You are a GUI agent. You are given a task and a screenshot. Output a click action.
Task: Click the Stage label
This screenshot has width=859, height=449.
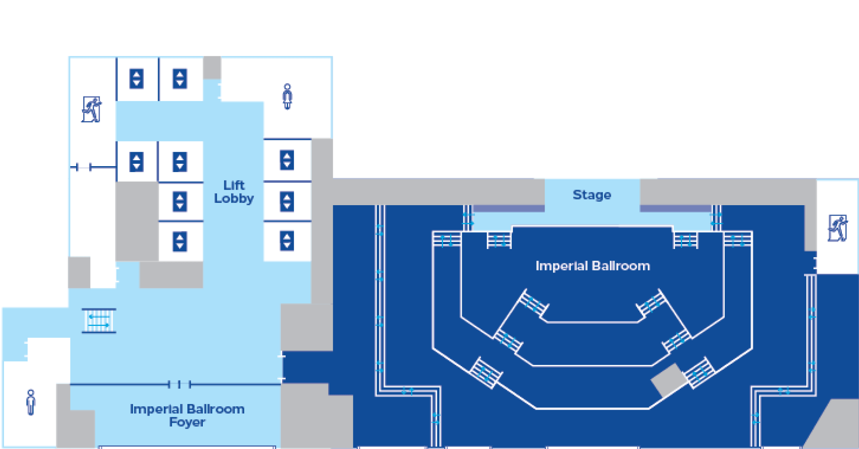[592, 195]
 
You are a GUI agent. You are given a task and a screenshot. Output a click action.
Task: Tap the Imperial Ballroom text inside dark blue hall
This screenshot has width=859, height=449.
[592, 266]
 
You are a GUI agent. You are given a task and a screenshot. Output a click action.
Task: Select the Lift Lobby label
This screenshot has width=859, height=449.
[234, 192]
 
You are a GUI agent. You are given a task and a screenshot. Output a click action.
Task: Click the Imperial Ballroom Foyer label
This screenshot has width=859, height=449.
[187, 415]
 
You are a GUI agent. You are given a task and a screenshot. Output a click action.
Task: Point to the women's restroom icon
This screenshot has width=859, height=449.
[287, 96]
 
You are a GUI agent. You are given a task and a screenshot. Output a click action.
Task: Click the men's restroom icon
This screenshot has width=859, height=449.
[31, 402]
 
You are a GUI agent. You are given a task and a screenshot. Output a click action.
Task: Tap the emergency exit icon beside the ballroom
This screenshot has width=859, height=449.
[837, 228]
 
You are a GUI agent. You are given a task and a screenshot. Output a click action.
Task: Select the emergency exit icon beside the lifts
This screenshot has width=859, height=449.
[92, 109]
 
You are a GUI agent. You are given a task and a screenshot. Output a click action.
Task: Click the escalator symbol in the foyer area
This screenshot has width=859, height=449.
[99, 321]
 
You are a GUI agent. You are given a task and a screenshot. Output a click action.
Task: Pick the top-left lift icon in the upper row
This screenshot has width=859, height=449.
[136, 78]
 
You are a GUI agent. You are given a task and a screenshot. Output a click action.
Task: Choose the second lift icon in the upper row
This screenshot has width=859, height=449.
[180, 78]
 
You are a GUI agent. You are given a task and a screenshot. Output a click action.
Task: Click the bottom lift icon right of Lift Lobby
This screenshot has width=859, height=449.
[287, 241]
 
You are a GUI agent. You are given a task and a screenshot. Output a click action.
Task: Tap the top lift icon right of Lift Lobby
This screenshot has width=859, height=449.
[287, 160]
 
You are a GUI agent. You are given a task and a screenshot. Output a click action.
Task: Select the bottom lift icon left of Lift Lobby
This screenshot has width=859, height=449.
[180, 241]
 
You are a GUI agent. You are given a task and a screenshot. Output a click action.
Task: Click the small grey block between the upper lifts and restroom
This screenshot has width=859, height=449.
[212, 67]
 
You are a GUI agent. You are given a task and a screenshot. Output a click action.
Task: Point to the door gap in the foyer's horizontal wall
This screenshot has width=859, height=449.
[180, 384]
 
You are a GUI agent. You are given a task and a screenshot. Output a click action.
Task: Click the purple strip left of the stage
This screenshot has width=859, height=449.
[509, 209]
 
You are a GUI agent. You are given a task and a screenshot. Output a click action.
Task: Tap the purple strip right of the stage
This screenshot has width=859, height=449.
[675, 209]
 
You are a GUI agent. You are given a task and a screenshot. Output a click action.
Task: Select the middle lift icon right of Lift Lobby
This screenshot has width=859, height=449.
[287, 201]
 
